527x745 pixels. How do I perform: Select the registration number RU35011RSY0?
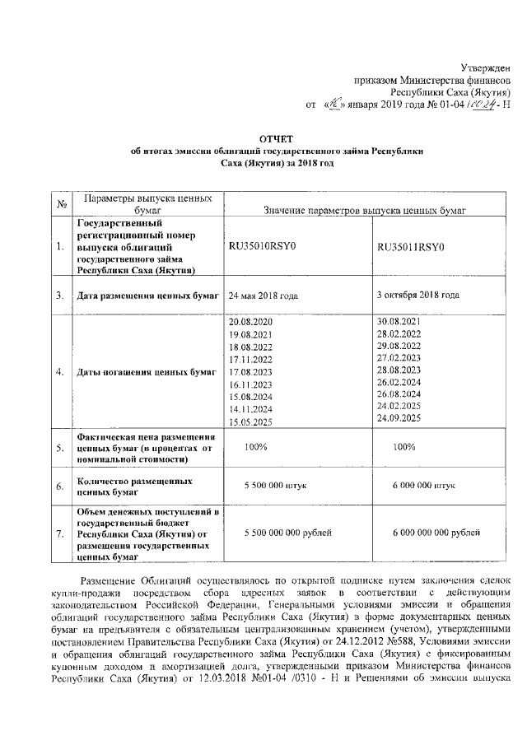(410, 247)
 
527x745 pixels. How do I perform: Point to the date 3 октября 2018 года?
(417, 294)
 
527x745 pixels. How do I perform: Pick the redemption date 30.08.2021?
(398, 319)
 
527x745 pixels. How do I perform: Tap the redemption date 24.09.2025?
(398, 419)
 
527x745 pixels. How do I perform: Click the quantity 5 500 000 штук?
(275, 487)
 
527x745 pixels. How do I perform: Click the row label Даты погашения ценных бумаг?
(146, 372)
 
